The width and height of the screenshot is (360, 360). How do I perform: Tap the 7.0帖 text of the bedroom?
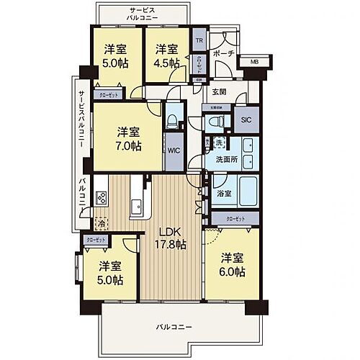(x=130, y=146)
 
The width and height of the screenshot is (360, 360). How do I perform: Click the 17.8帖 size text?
(x=171, y=245)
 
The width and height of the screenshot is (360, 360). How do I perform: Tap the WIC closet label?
(x=173, y=151)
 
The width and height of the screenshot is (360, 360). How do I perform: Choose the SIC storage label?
(x=246, y=121)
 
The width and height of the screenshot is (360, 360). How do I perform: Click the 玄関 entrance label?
(x=219, y=91)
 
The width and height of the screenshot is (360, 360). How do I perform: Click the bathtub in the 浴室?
(x=246, y=189)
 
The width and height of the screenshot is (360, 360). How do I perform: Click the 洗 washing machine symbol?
(x=218, y=141)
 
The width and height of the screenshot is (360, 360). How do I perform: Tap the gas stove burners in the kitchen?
(x=101, y=198)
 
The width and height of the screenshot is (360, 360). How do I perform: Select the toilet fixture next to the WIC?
(x=171, y=117)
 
